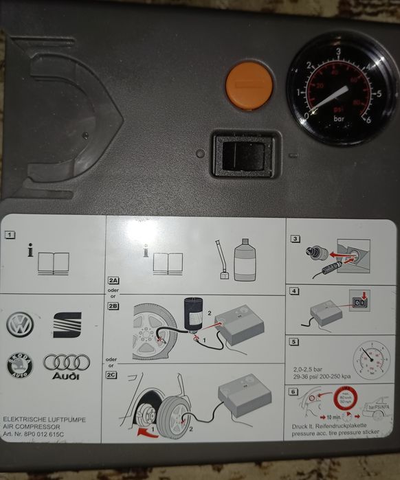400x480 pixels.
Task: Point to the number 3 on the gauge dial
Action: (x=338, y=52)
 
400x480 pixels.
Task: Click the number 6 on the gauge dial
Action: (x=379, y=117)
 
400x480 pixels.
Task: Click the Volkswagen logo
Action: (x=20, y=323)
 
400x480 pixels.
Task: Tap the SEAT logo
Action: (x=67, y=325)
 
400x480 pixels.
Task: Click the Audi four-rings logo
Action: (x=67, y=362)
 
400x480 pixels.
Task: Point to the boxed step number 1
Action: (x=10, y=235)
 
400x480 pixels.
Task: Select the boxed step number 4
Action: (x=294, y=291)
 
